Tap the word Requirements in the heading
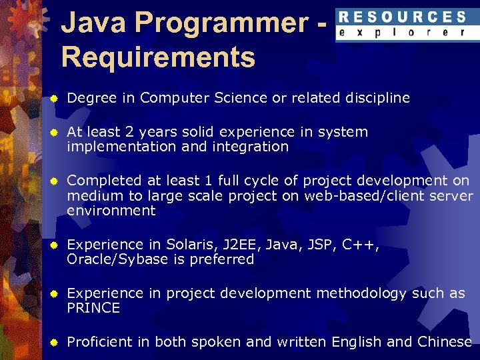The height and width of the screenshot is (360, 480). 158,57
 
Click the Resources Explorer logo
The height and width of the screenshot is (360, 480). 401,25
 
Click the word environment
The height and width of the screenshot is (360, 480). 111,211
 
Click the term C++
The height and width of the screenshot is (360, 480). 361,245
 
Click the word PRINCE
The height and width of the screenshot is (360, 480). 93,308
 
